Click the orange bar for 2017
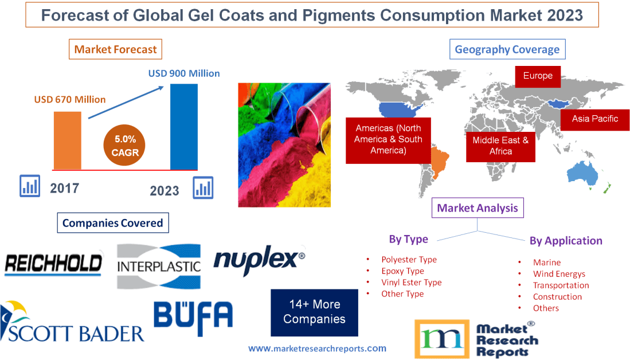[x=67, y=140]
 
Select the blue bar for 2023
[x=184, y=127]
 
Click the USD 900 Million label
[x=184, y=73]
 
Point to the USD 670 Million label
[x=70, y=99]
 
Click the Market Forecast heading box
[x=115, y=49]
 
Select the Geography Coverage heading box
[x=507, y=49]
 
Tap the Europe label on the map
[x=537, y=76]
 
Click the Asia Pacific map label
[x=594, y=119]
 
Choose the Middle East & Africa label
[x=500, y=146]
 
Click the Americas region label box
[x=388, y=139]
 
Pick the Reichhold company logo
[x=53, y=263]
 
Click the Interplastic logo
[x=159, y=266]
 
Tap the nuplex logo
[x=259, y=260]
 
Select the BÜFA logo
[x=193, y=319]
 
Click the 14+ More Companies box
[x=314, y=312]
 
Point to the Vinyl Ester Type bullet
[x=411, y=282]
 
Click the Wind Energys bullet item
[x=558, y=273]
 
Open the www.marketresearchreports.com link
[x=317, y=348]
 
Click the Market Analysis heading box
[x=477, y=208]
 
